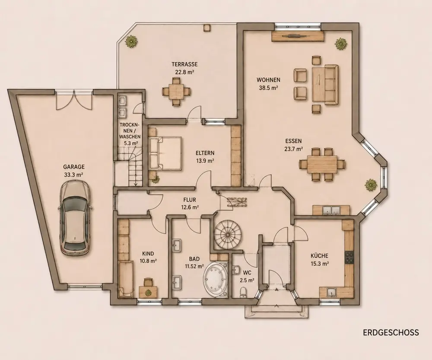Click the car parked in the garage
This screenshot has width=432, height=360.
tap(74, 217)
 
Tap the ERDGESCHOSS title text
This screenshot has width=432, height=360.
tap(391, 332)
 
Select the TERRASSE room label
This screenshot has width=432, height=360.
tap(184, 64)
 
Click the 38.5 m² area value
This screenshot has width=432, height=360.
tap(268, 88)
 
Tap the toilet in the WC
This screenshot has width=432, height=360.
tap(243, 292)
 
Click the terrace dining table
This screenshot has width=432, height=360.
tap(176, 91)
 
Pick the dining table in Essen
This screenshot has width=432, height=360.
tap(322, 165)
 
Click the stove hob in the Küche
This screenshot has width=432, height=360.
tap(349, 258)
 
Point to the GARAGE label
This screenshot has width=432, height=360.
tap(74, 167)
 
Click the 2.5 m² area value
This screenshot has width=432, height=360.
tap(247, 280)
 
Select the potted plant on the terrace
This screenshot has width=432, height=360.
tap(131, 41)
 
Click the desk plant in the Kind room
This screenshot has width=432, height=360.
tap(148, 293)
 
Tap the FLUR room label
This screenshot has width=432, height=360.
tap(190, 200)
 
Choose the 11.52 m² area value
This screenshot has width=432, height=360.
tap(194, 266)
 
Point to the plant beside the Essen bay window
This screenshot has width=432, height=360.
tap(371, 185)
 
